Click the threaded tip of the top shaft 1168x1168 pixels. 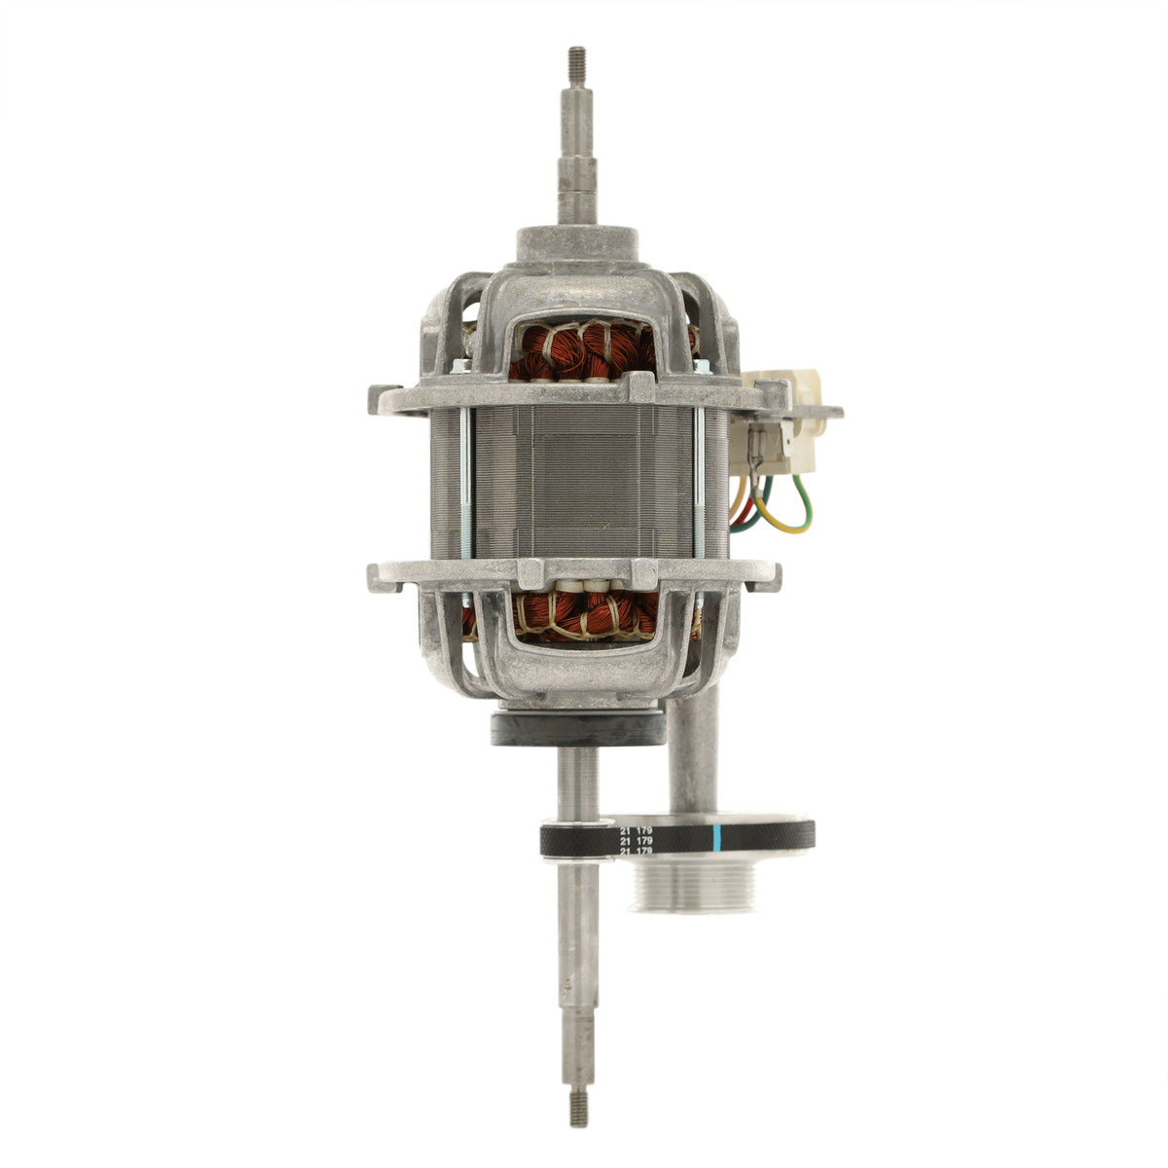click(x=577, y=59)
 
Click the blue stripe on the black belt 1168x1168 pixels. click(x=717, y=837)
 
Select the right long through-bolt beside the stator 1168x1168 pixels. click(x=699, y=482)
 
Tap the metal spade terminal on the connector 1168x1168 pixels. click(x=769, y=443)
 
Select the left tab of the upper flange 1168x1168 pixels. click(x=383, y=398)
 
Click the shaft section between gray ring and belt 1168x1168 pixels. click(x=577, y=784)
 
